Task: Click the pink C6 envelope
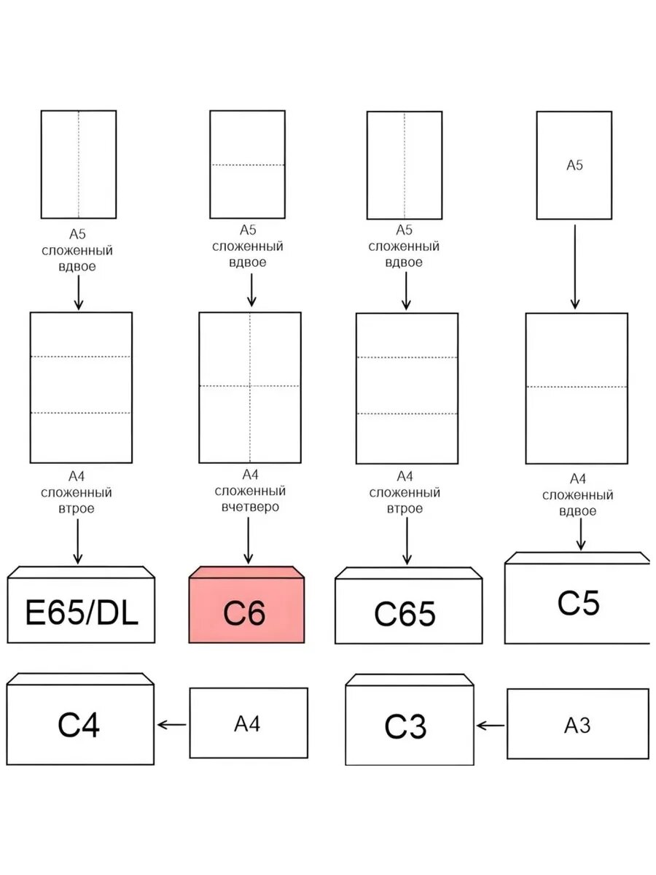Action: [246, 604]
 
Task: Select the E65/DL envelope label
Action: [82, 612]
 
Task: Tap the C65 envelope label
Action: [405, 614]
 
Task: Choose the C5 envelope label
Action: [578, 603]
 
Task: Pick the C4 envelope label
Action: [79, 725]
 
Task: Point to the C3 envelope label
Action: [405, 726]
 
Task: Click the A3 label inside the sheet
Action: [577, 726]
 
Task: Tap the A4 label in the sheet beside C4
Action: [247, 724]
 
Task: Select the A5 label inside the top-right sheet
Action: [574, 165]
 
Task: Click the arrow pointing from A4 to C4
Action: [172, 725]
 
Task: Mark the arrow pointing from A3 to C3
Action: [491, 726]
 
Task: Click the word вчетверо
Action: [250, 507]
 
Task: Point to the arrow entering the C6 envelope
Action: [248, 540]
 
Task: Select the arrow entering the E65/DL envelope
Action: [78, 541]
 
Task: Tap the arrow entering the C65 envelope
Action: [407, 541]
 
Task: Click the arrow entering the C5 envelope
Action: [581, 534]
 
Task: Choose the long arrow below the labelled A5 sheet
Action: [575, 267]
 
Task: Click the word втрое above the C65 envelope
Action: [405, 509]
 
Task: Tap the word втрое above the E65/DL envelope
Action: [77, 509]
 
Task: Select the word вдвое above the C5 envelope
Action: [577, 511]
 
